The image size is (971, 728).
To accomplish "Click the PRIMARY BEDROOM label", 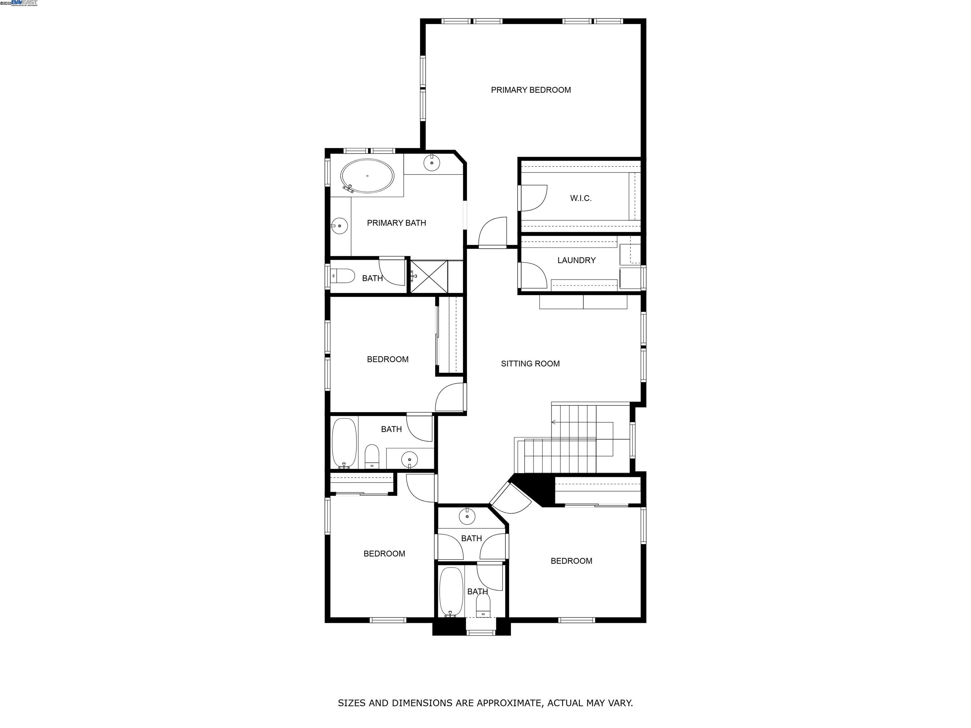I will (x=531, y=90).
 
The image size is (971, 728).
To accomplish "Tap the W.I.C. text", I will (x=580, y=198).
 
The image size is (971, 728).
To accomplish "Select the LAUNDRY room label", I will (x=576, y=260).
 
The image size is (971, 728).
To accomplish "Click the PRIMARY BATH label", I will (x=396, y=223).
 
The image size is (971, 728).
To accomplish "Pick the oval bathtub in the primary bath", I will (x=367, y=176).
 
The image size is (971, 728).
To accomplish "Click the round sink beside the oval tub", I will (x=432, y=162).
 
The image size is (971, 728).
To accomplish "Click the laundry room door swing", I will (x=533, y=276).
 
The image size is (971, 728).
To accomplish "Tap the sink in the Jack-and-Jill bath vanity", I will (x=467, y=517).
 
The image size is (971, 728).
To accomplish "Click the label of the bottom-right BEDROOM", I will (x=571, y=561).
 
